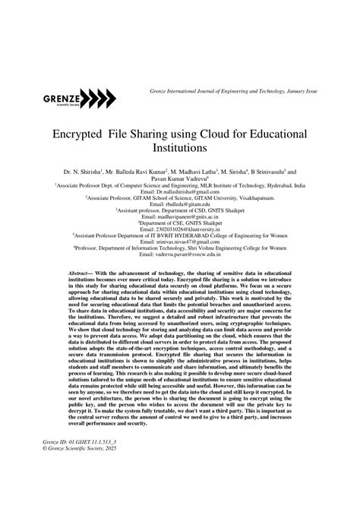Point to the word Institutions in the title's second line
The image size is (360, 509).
179,150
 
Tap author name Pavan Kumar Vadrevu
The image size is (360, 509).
179,181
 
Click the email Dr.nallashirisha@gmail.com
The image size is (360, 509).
179,194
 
